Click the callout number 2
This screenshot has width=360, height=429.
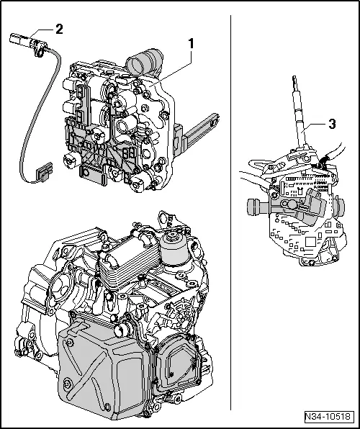click(59, 29)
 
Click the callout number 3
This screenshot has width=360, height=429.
click(331, 124)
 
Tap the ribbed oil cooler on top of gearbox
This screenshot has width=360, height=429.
click(128, 256)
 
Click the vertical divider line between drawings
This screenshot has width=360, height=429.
click(230, 216)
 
